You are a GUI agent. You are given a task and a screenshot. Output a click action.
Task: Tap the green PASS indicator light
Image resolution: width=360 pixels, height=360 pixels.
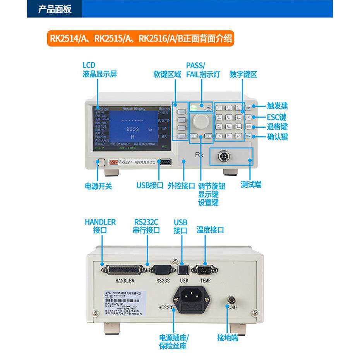[x=193, y=108]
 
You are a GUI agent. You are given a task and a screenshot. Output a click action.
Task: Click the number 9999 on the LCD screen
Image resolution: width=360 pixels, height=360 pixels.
[x=133, y=129]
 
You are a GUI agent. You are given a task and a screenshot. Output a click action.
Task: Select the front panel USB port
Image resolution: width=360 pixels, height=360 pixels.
[x=165, y=162]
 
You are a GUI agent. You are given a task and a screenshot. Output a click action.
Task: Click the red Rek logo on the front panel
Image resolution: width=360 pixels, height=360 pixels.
[x=115, y=163]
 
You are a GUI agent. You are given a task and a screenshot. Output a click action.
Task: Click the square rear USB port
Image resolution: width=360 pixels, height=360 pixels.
[x=184, y=269]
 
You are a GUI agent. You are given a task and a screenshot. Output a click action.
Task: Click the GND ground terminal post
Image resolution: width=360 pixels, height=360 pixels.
[x=232, y=299]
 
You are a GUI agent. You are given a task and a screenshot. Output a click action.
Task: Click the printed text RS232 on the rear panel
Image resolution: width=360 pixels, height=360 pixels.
[x=163, y=280]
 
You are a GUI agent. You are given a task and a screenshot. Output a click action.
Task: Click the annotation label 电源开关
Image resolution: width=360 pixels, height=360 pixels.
[x=98, y=186]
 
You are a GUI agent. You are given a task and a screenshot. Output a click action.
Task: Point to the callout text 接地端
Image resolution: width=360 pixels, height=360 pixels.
[x=228, y=338]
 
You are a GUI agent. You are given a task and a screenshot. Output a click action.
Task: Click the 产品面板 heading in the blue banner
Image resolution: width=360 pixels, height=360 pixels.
[x=55, y=9]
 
